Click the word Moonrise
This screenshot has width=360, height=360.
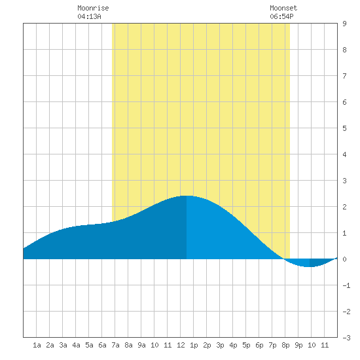coord(93,8)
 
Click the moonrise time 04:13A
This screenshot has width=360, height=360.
coord(89,16)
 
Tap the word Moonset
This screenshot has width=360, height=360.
coord(283,8)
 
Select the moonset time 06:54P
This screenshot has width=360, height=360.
coord(281,16)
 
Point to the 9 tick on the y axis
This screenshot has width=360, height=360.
coord(344,24)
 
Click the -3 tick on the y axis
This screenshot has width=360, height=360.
coord(346,338)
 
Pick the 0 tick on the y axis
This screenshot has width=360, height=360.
coord(344,259)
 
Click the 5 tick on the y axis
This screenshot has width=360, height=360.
coord(344,128)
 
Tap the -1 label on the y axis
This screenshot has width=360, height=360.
coord(346,285)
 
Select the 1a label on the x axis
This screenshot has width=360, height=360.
coord(37,345)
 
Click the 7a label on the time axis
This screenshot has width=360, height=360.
coord(115,345)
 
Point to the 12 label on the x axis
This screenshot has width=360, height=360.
coord(181,345)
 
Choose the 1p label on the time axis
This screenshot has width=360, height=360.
coord(194,345)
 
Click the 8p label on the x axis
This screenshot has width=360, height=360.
coord(285,345)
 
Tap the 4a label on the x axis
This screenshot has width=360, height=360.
coord(76,345)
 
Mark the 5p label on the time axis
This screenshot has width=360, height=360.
coord(246,345)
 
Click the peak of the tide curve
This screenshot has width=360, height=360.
coord(187,196)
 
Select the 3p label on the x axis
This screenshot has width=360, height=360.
coord(220,345)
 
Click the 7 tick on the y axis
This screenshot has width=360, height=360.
coord(344,76)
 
